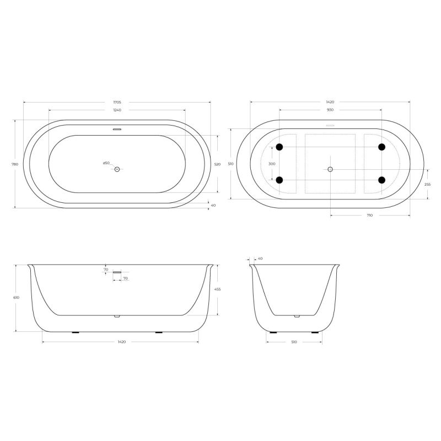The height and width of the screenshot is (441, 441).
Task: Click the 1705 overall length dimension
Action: pos(117,103)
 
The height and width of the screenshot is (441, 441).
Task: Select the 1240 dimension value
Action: pos(117,110)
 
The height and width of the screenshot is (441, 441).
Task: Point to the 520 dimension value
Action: pos(217,164)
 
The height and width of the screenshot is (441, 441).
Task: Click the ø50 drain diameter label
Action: pos(106,163)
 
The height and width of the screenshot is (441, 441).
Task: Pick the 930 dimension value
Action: pos(330,110)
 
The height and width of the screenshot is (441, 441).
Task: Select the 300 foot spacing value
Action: pos(272,164)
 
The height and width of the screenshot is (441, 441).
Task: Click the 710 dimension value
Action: pos(369,216)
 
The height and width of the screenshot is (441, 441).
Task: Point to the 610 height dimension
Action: pos(17,298)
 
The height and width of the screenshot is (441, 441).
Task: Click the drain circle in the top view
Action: pos(117,169)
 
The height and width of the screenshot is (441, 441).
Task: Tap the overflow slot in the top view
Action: pos(117,131)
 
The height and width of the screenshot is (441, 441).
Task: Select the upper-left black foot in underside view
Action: pos(279,147)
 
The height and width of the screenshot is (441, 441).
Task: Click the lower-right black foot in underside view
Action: pos(381,180)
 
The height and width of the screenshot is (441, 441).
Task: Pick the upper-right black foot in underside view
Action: pos(381,147)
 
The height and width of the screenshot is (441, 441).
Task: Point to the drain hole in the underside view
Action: pos(330,169)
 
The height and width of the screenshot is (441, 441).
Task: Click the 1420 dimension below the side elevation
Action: pos(121,342)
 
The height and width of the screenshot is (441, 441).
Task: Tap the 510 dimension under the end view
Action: pos(294,342)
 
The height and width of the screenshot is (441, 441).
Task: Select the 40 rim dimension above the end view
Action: pos(260,258)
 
